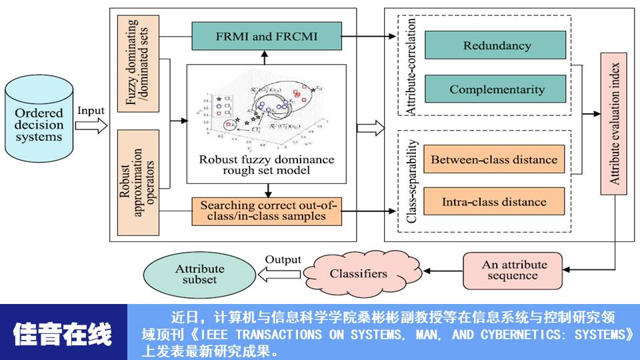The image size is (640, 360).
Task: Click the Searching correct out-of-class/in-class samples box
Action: point(266,210)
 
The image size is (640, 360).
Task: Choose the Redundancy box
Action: point(497,46)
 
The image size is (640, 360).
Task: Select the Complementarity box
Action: point(497,89)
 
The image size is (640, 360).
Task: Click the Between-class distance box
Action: point(494,160)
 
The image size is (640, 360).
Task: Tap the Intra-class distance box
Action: point(494,201)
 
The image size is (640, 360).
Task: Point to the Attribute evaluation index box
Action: point(615,123)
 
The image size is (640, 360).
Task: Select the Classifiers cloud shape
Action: point(357,273)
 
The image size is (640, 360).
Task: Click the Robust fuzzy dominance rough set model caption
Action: point(267,165)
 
